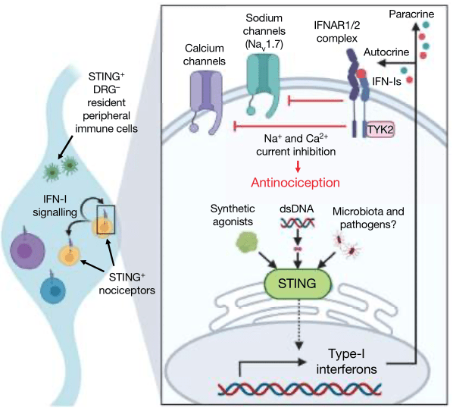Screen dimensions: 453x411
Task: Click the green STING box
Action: [298, 284]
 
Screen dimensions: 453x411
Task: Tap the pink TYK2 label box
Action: [380, 129]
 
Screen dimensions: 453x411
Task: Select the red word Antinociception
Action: [295, 183]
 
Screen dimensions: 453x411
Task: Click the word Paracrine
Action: [411, 14]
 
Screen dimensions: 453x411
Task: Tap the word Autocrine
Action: [386, 52]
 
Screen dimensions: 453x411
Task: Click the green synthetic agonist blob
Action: [247, 242]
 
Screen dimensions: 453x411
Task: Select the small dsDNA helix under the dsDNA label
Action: [298, 223]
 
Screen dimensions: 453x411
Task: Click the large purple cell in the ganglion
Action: [27, 250]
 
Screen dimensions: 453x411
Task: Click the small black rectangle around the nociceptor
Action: [106, 219]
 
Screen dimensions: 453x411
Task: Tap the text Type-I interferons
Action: [346, 362]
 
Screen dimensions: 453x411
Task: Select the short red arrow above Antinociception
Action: [298, 166]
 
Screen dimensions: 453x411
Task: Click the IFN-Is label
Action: [386, 82]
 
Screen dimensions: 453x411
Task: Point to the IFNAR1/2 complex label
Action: [337, 32]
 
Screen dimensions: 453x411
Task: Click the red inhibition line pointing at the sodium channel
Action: [315, 101]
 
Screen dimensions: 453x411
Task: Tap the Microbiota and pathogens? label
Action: [368, 218]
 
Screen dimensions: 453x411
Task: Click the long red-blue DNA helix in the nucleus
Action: [299, 389]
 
